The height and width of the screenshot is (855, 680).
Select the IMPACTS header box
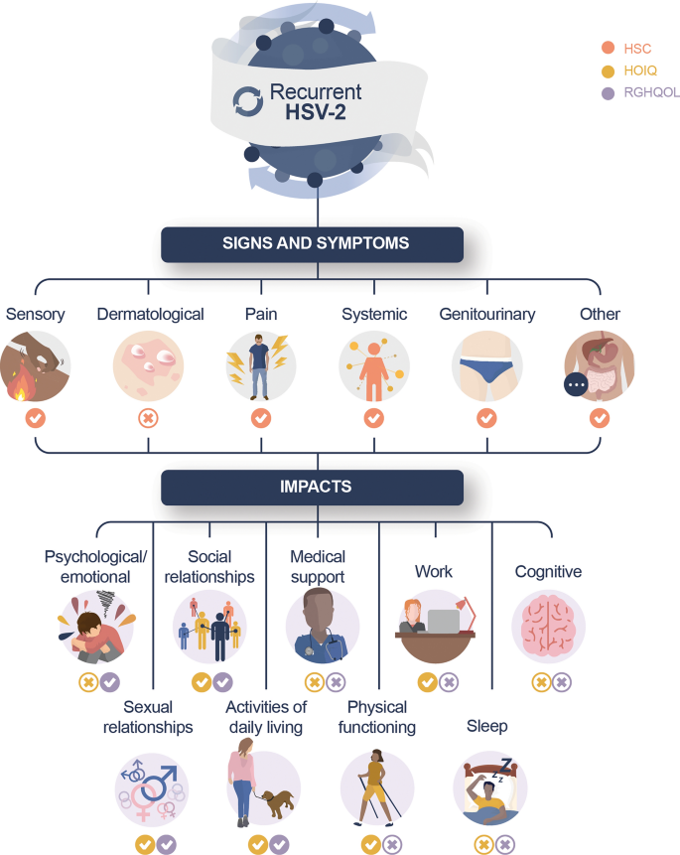(313, 488)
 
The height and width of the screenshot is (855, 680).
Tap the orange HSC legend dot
(607, 48)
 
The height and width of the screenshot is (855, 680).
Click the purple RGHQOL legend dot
(607, 93)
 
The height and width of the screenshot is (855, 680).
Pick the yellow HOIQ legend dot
(607, 71)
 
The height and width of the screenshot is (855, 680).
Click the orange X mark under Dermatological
(148, 419)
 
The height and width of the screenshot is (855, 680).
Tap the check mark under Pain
(261, 419)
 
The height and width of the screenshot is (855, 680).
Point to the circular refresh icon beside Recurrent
(246, 99)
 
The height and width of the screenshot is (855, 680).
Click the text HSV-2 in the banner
(317, 112)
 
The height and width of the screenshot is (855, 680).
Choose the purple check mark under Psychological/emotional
(109, 682)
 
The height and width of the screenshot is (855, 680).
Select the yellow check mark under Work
(427, 682)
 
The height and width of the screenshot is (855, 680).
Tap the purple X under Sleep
(505, 845)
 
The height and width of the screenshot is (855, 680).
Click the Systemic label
(374, 315)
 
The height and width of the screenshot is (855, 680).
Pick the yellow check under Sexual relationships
(144, 845)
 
